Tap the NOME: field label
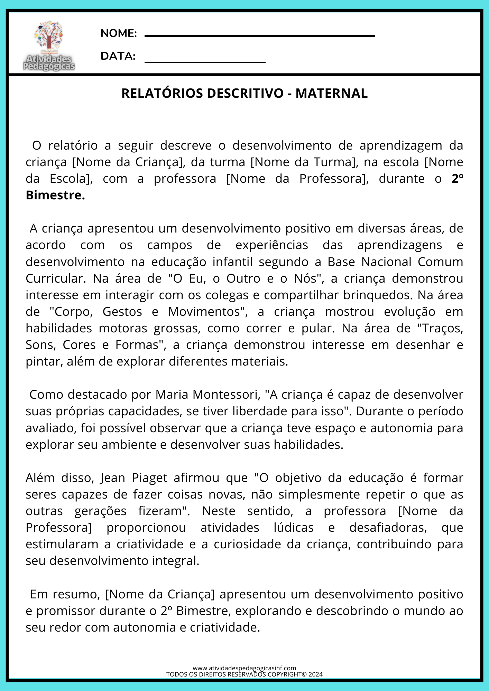pyautogui.click(x=119, y=34)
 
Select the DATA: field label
pyautogui.click(x=118, y=56)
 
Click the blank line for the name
pyautogui.click(x=259, y=36)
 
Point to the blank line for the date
pyautogui.click(x=205, y=63)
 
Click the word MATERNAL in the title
pyautogui.click(x=331, y=93)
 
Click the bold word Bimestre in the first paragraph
pyautogui.click(x=55, y=195)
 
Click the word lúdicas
pyautogui.click(x=294, y=527)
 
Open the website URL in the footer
pyautogui.click(x=244, y=668)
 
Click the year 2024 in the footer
pyautogui.click(x=315, y=674)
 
